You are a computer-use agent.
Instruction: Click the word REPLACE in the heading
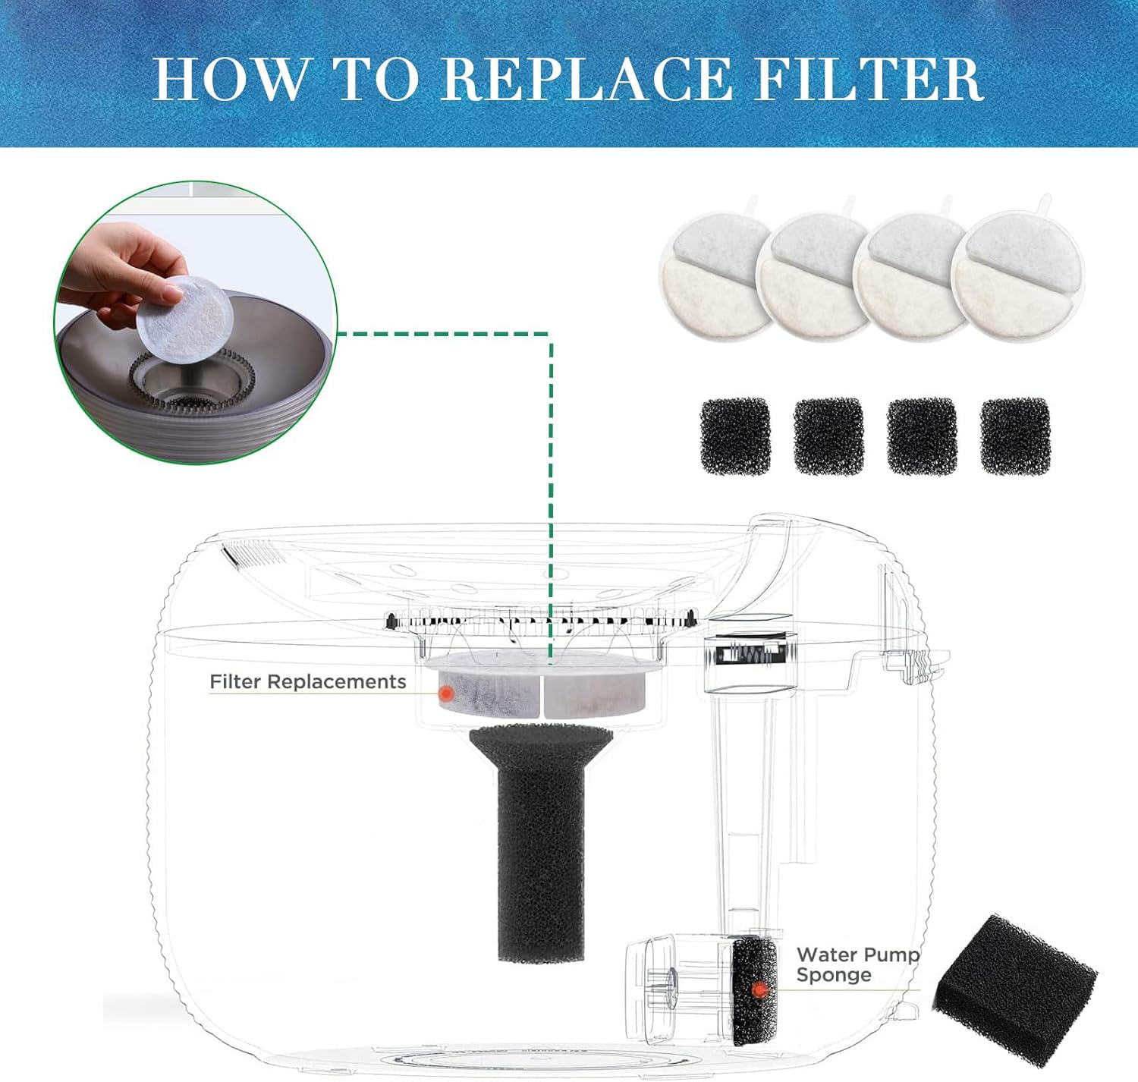click(x=586, y=78)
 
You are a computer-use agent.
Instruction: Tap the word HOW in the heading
click(x=231, y=78)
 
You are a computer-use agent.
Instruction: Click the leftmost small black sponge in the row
click(x=735, y=437)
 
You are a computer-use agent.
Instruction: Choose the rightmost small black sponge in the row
click(x=1015, y=436)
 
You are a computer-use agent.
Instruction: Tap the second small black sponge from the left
click(x=828, y=437)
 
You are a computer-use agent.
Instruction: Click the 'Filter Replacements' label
click(x=307, y=682)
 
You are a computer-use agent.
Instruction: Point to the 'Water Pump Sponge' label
click(x=857, y=964)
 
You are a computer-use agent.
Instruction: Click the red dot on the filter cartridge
click(x=447, y=694)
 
